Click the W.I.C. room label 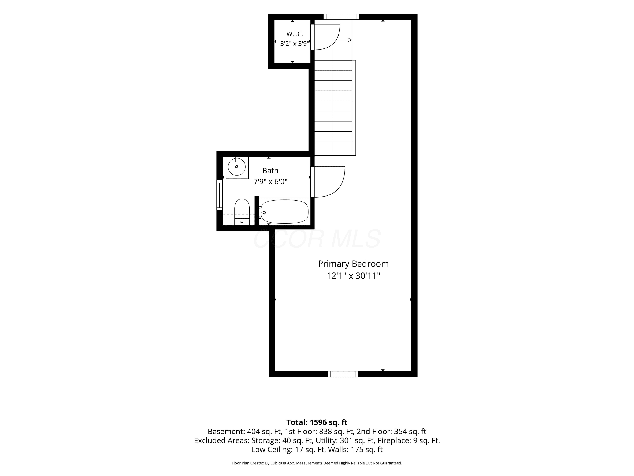294,34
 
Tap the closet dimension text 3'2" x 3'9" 294,44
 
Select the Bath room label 270,171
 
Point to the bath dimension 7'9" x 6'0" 270,182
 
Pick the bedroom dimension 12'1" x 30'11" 353,276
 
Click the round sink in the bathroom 237,167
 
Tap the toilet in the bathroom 242,212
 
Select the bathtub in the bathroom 284,212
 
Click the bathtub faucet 262,213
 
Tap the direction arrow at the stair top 342,40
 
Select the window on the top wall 341,17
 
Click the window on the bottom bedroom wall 343,374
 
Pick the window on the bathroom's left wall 219,195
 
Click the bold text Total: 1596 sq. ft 317,422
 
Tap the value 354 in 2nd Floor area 400,432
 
